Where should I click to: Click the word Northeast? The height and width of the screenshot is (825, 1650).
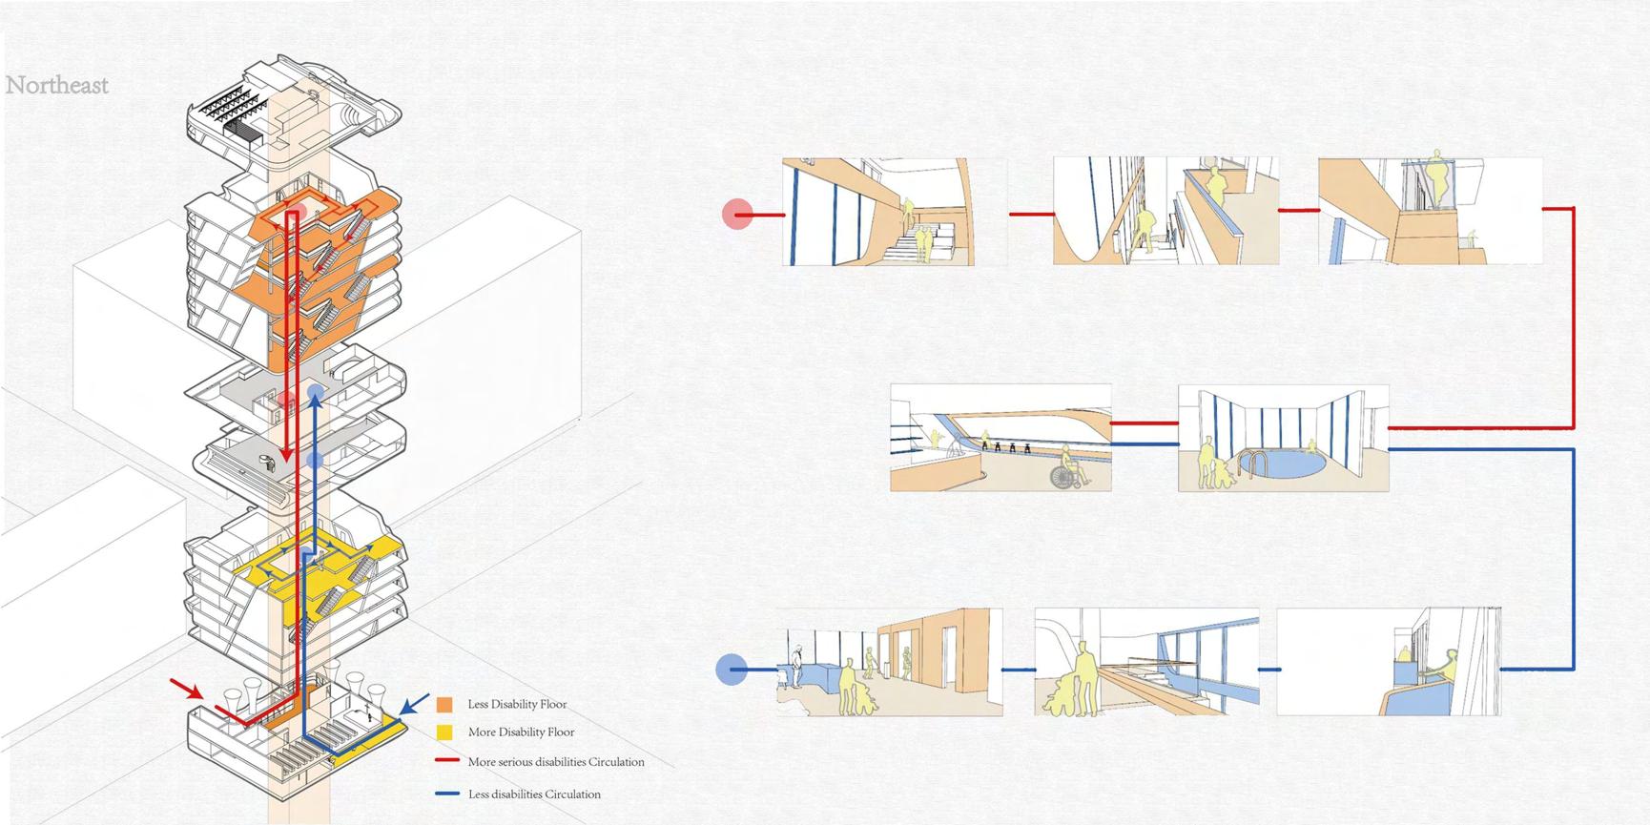57,86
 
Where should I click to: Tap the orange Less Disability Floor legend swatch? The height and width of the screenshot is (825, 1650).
444,705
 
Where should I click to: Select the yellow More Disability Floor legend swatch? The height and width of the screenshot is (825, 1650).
444,732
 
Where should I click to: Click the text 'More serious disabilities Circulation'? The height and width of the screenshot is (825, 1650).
556,762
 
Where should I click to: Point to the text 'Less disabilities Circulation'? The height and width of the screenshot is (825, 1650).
534,794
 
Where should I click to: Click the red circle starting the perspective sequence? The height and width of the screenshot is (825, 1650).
737,214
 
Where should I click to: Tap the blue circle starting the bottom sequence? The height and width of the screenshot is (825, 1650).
732,670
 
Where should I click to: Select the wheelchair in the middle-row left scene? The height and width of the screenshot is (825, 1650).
1070,471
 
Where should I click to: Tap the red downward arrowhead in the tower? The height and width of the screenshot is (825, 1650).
286,455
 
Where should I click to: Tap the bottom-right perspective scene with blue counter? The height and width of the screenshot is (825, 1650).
1389,662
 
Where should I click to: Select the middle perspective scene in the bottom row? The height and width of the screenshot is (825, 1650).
1146,662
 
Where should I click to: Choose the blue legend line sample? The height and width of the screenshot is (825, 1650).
448,794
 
